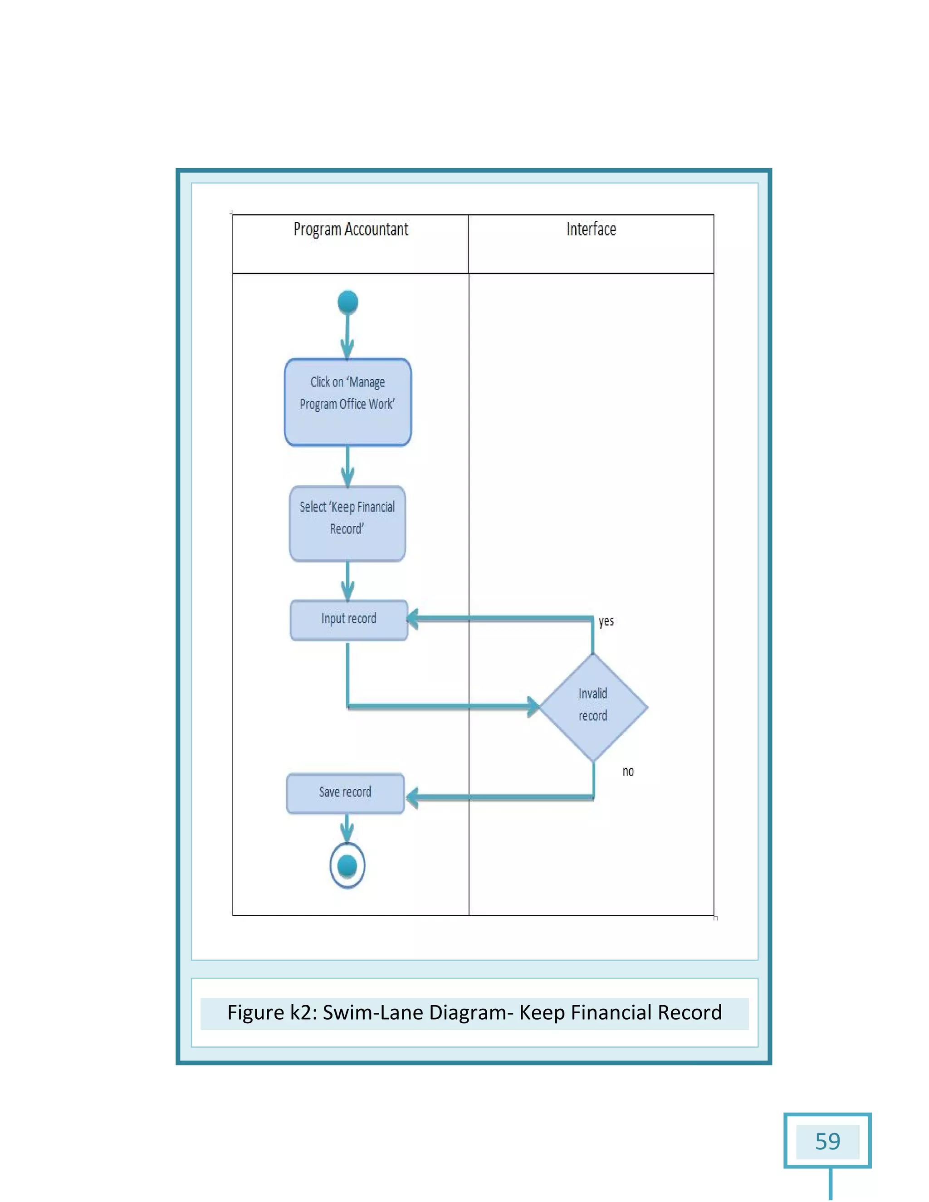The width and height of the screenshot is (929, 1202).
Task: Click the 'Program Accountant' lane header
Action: click(351, 230)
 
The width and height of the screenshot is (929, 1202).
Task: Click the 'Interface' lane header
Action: click(591, 230)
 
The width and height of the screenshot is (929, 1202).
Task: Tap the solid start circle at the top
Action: click(347, 302)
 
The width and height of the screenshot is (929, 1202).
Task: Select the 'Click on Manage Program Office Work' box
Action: click(347, 402)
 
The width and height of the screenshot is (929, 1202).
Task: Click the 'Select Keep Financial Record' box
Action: click(347, 523)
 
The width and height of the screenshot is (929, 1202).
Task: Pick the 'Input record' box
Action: click(349, 620)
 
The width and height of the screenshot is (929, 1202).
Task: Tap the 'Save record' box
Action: click(346, 793)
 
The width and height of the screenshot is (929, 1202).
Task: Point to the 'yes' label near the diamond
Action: click(606, 621)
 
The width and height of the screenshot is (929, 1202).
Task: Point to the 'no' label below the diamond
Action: click(628, 772)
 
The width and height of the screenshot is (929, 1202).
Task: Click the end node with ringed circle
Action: click(347, 866)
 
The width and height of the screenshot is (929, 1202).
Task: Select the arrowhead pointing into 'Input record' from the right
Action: click(413, 619)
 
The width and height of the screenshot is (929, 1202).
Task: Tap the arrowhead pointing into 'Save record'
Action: click(412, 797)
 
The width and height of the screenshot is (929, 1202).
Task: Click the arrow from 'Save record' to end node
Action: click(347, 828)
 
